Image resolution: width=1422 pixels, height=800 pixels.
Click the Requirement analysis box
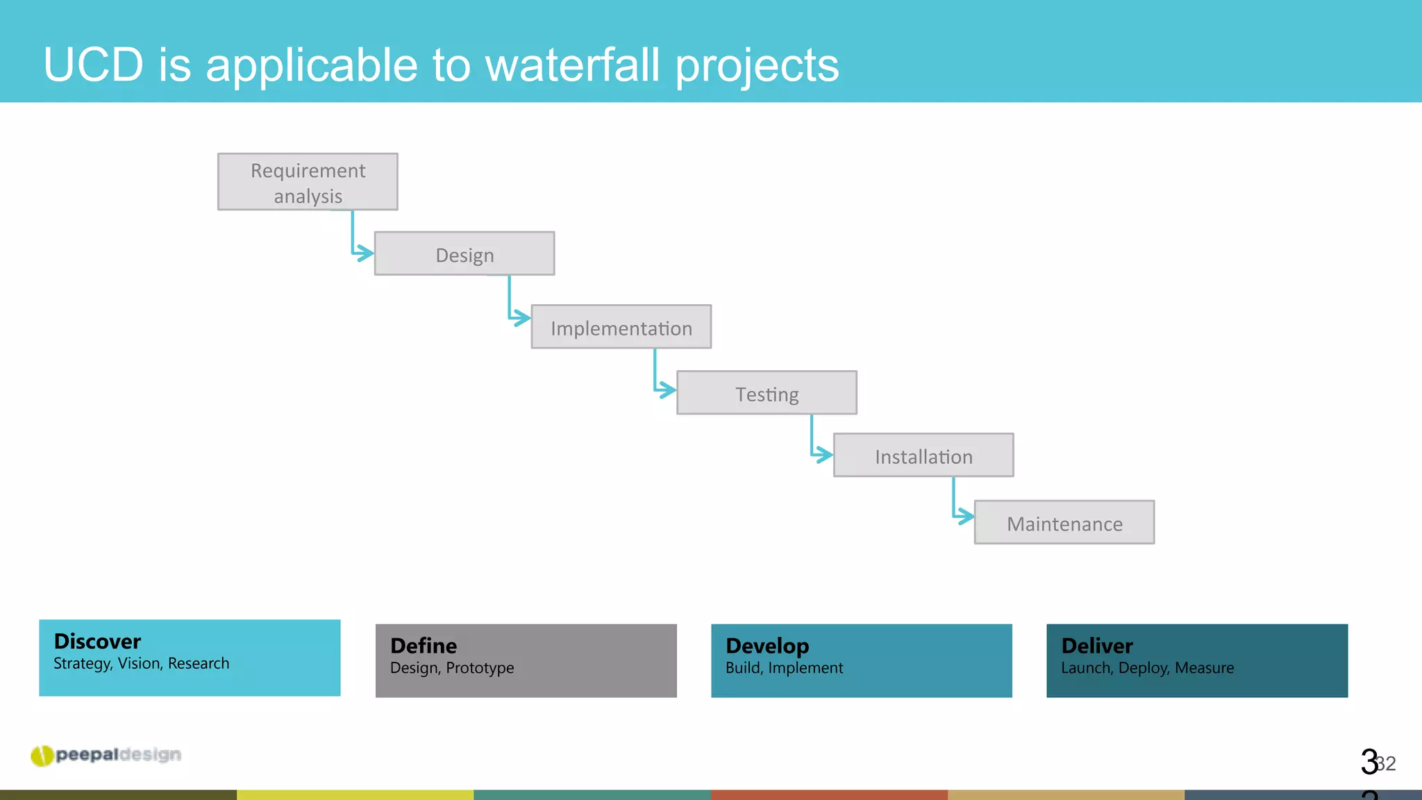point(308,182)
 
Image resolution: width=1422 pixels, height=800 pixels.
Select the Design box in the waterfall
point(464,254)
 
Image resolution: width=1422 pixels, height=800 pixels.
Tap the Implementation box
point(621,327)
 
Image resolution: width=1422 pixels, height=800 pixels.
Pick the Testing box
point(767,393)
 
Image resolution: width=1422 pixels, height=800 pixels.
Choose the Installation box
point(923,456)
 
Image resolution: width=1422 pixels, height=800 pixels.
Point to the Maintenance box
point(1064,522)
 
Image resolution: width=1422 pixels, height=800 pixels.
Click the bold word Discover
point(97,641)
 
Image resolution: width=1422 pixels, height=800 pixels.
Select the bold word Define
point(424,646)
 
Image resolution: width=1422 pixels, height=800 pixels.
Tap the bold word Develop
point(767,646)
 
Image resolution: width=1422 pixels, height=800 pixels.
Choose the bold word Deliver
point(1097,646)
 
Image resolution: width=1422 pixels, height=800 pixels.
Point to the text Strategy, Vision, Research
point(141,664)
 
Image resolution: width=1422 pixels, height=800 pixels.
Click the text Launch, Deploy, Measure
point(1147,668)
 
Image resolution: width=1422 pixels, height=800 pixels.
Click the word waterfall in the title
point(572,65)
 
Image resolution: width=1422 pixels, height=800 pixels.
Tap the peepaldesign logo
point(106,755)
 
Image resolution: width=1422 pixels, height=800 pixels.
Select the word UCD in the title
point(93,65)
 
